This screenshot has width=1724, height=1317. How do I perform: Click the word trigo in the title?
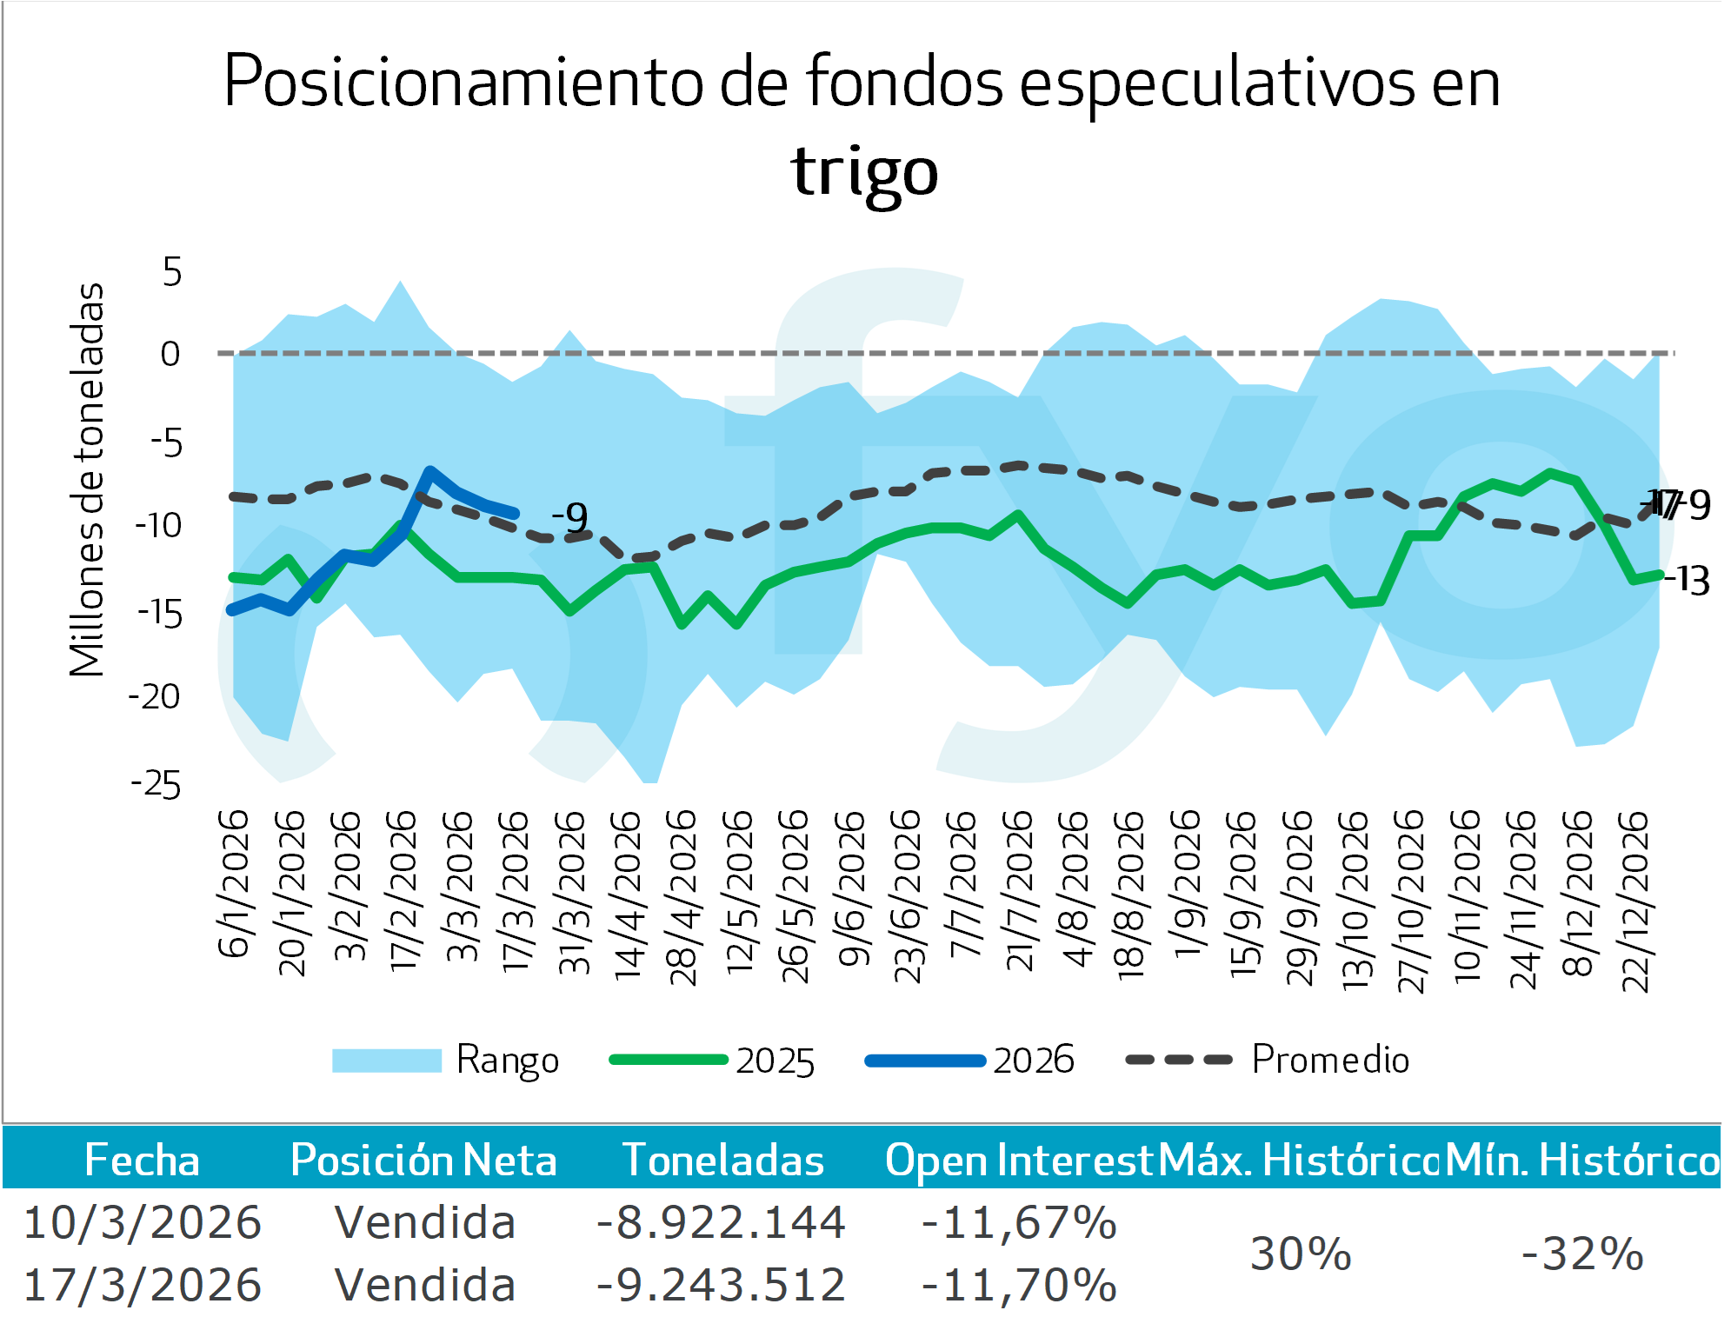click(864, 171)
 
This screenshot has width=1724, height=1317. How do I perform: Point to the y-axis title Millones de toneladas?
click(87, 480)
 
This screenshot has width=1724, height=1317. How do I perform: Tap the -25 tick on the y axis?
click(156, 785)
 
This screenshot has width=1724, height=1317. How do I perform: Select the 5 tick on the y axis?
click(172, 272)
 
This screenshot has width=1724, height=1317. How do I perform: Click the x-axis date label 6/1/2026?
click(233, 884)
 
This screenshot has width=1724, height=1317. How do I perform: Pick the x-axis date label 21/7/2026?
click(1019, 890)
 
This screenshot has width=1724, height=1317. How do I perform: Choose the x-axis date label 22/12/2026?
click(1635, 901)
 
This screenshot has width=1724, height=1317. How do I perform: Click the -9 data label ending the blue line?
click(570, 518)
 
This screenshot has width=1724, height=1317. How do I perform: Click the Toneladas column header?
click(723, 1161)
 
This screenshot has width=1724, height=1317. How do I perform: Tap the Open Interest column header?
click(1018, 1161)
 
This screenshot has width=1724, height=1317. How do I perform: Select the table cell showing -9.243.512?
click(721, 1285)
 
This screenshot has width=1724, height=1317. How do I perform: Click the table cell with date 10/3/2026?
click(143, 1222)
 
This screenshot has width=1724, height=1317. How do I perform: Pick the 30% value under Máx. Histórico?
click(1301, 1254)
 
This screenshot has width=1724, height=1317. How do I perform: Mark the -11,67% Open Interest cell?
click(1019, 1222)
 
